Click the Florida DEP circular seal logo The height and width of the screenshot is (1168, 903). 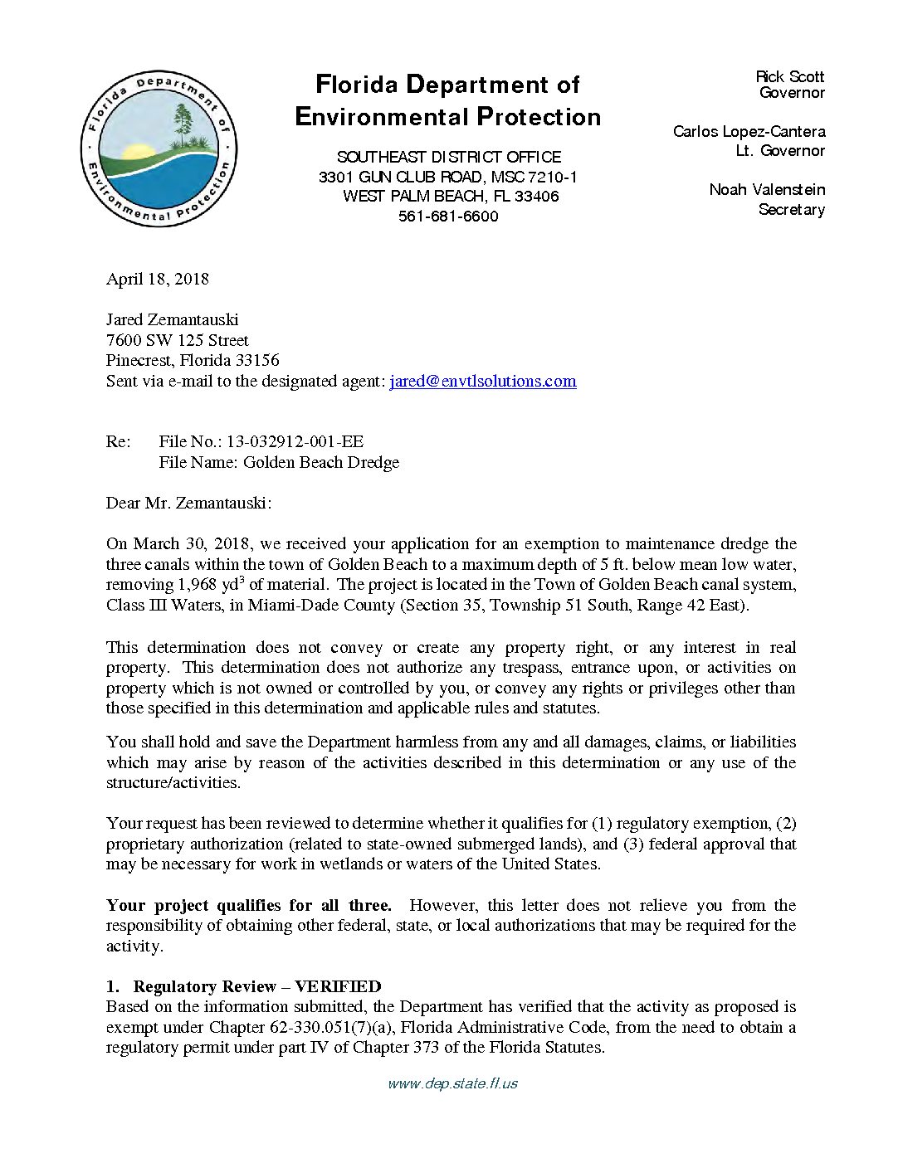click(159, 149)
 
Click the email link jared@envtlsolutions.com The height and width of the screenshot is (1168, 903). click(482, 382)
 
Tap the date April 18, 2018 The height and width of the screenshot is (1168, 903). click(157, 279)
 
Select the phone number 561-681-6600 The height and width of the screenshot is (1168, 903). click(448, 217)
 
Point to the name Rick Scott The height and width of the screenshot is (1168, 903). click(789, 76)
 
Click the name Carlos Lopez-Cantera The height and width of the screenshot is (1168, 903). click(749, 132)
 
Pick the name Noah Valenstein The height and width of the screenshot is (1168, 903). click(767, 190)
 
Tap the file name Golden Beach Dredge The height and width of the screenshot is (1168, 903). click(320, 463)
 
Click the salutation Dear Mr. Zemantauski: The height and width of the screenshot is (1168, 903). click(188, 504)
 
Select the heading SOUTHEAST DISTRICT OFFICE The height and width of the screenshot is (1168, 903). click(448, 157)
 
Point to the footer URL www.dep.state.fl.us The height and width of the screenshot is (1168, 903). click(452, 1083)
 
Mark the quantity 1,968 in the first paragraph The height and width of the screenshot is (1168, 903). click(197, 585)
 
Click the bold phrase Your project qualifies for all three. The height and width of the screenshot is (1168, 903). click(248, 906)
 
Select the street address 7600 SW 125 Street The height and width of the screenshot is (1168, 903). click(177, 340)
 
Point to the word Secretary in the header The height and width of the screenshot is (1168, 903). click(791, 210)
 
